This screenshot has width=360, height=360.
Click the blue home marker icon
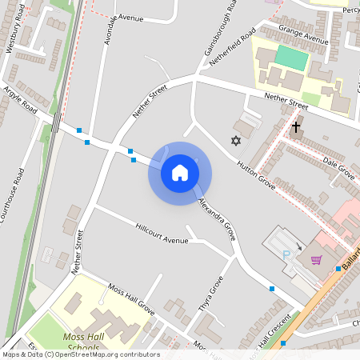click(179, 173)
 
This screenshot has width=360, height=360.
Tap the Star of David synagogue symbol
click(235, 142)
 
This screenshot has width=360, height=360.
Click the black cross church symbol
click(296, 127)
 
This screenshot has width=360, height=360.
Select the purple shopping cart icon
click(317, 260)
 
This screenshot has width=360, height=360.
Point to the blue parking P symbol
click(286, 254)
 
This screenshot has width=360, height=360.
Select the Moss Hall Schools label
click(79, 342)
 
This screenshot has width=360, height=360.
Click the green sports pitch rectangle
click(291, 58)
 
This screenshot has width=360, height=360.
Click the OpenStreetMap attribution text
click(81, 354)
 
